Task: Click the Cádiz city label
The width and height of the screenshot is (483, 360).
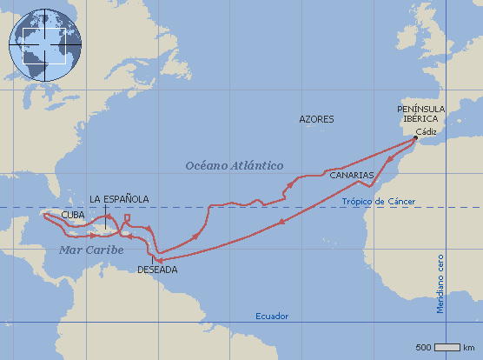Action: tap(426, 131)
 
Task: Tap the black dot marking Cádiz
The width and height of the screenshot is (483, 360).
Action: tap(416, 138)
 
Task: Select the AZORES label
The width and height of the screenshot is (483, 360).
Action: tap(315, 118)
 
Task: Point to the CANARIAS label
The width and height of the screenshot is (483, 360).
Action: tap(351, 175)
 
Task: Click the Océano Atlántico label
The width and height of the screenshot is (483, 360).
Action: tap(235, 163)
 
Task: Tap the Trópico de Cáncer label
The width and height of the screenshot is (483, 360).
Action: tap(379, 202)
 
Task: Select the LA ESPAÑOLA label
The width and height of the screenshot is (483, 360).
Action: tap(119, 199)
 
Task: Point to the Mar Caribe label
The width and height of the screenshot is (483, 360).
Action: tap(91, 250)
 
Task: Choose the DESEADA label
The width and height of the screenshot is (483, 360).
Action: tap(157, 270)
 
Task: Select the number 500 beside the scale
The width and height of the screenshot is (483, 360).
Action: tap(424, 348)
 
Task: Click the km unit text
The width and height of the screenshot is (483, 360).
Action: tap(468, 348)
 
